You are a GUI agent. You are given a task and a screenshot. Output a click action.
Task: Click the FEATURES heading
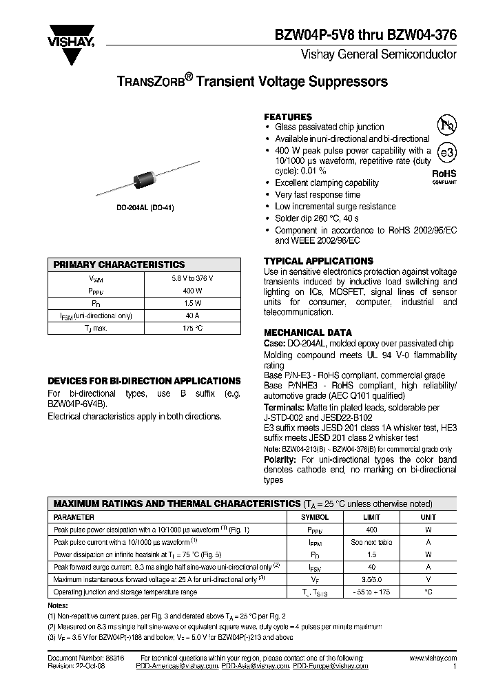(x=288, y=117)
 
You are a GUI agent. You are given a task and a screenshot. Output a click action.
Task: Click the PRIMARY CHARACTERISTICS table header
(x=120, y=264)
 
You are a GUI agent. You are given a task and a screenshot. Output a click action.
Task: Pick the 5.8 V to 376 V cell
(x=192, y=278)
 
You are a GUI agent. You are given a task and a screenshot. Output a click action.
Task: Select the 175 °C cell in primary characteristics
(x=192, y=328)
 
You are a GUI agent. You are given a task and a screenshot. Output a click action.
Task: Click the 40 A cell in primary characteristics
(x=192, y=315)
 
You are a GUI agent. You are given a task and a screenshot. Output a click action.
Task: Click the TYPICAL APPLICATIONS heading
(x=318, y=261)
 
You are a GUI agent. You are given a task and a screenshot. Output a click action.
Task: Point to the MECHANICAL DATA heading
(x=308, y=332)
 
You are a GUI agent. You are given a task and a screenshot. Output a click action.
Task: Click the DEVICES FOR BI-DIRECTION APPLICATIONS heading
(x=144, y=381)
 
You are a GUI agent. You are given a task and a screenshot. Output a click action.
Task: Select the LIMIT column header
(x=371, y=517)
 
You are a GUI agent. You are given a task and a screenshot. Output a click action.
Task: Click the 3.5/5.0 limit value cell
(x=371, y=579)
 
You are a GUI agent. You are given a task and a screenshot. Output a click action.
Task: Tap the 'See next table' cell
(x=371, y=542)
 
